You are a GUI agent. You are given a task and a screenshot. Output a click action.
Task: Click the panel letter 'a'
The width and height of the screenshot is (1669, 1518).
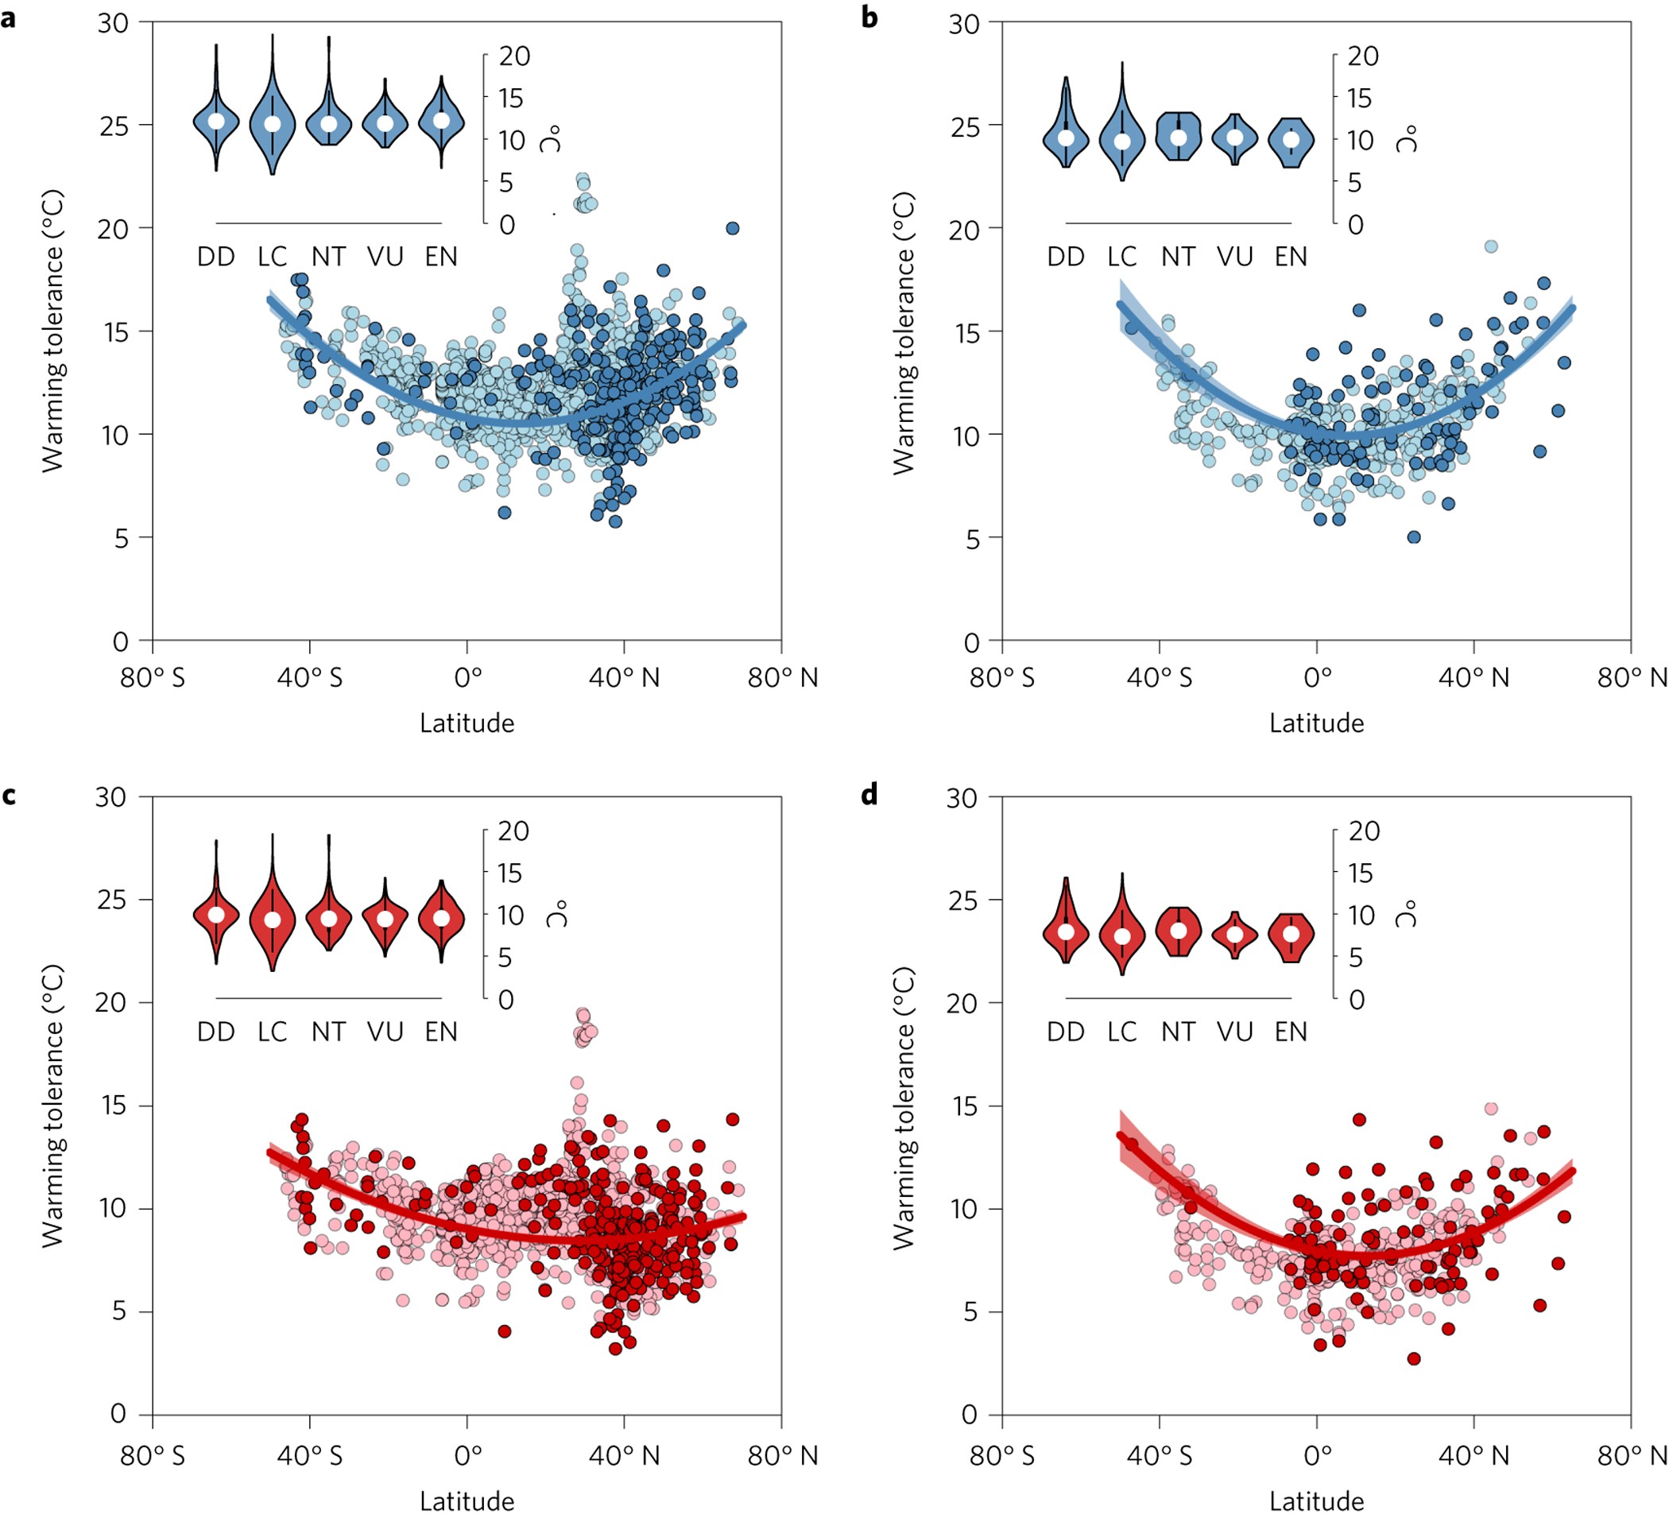[8, 18]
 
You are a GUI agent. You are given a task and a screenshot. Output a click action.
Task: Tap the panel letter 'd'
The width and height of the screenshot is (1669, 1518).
[869, 796]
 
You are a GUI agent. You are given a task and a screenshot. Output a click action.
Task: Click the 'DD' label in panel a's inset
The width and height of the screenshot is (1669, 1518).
[216, 257]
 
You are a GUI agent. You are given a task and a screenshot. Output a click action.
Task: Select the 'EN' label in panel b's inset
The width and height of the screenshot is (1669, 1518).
[1291, 257]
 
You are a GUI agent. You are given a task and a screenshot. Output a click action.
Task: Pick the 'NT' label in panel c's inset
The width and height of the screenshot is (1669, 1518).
[329, 1032]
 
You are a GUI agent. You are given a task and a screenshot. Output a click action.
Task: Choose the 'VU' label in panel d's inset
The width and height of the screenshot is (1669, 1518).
[1234, 1032]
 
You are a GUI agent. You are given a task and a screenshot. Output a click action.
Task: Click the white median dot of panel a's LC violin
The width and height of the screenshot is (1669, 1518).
[273, 124]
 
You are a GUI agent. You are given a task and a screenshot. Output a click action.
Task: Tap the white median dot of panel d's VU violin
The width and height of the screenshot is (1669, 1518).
[1234, 935]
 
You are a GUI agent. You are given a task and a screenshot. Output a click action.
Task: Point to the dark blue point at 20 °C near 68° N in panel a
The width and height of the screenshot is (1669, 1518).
[733, 228]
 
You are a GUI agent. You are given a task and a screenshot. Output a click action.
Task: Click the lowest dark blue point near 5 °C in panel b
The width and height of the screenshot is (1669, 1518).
[1414, 537]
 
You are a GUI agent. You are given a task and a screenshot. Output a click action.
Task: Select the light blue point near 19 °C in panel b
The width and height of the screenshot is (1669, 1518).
[1491, 246]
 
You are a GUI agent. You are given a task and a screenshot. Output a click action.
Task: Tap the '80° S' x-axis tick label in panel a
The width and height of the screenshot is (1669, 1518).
[153, 678]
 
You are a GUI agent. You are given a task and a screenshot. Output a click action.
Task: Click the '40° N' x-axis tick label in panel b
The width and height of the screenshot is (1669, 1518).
[1473, 678]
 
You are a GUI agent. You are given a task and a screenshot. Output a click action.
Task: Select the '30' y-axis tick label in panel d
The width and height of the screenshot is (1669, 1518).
[962, 797]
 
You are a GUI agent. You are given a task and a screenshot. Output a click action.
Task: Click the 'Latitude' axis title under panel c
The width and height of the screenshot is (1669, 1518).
[467, 1501]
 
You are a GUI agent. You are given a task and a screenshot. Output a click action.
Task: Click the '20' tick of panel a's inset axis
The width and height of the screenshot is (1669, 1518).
[514, 56]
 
